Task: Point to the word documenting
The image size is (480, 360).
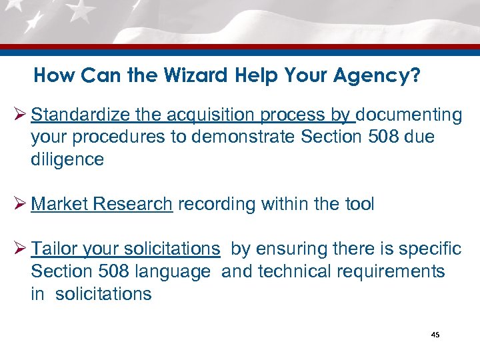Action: coord(409,115)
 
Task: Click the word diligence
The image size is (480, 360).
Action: coord(67,159)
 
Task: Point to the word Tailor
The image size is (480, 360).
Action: coord(54,249)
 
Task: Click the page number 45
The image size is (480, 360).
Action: coord(435,335)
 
